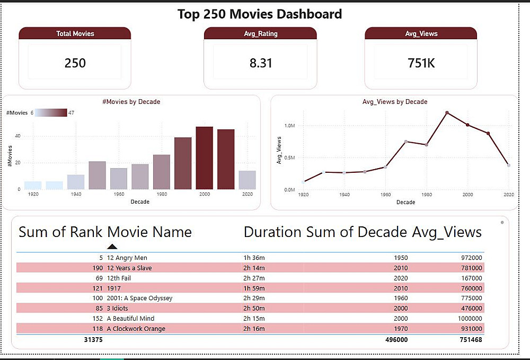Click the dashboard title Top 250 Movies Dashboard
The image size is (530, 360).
(260, 14)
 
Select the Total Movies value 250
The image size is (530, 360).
(75, 63)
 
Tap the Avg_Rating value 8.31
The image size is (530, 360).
(260, 63)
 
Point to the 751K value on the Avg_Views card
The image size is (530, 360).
(421, 63)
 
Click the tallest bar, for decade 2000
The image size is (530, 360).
(204, 158)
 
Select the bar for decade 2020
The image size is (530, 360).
(247, 180)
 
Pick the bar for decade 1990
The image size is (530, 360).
(183, 163)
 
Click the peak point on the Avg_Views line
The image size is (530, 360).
(447, 113)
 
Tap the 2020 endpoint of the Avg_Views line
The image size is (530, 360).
(509, 165)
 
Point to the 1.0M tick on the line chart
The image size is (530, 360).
(289, 126)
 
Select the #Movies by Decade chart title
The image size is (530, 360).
(131, 102)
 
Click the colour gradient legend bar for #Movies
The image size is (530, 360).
(51, 112)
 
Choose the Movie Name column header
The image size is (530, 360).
(149, 232)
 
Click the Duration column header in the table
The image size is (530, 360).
(272, 232)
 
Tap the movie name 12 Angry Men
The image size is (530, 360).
(127, 258)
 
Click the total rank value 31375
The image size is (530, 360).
(93, 339)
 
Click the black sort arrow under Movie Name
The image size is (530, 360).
(112, 246)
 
